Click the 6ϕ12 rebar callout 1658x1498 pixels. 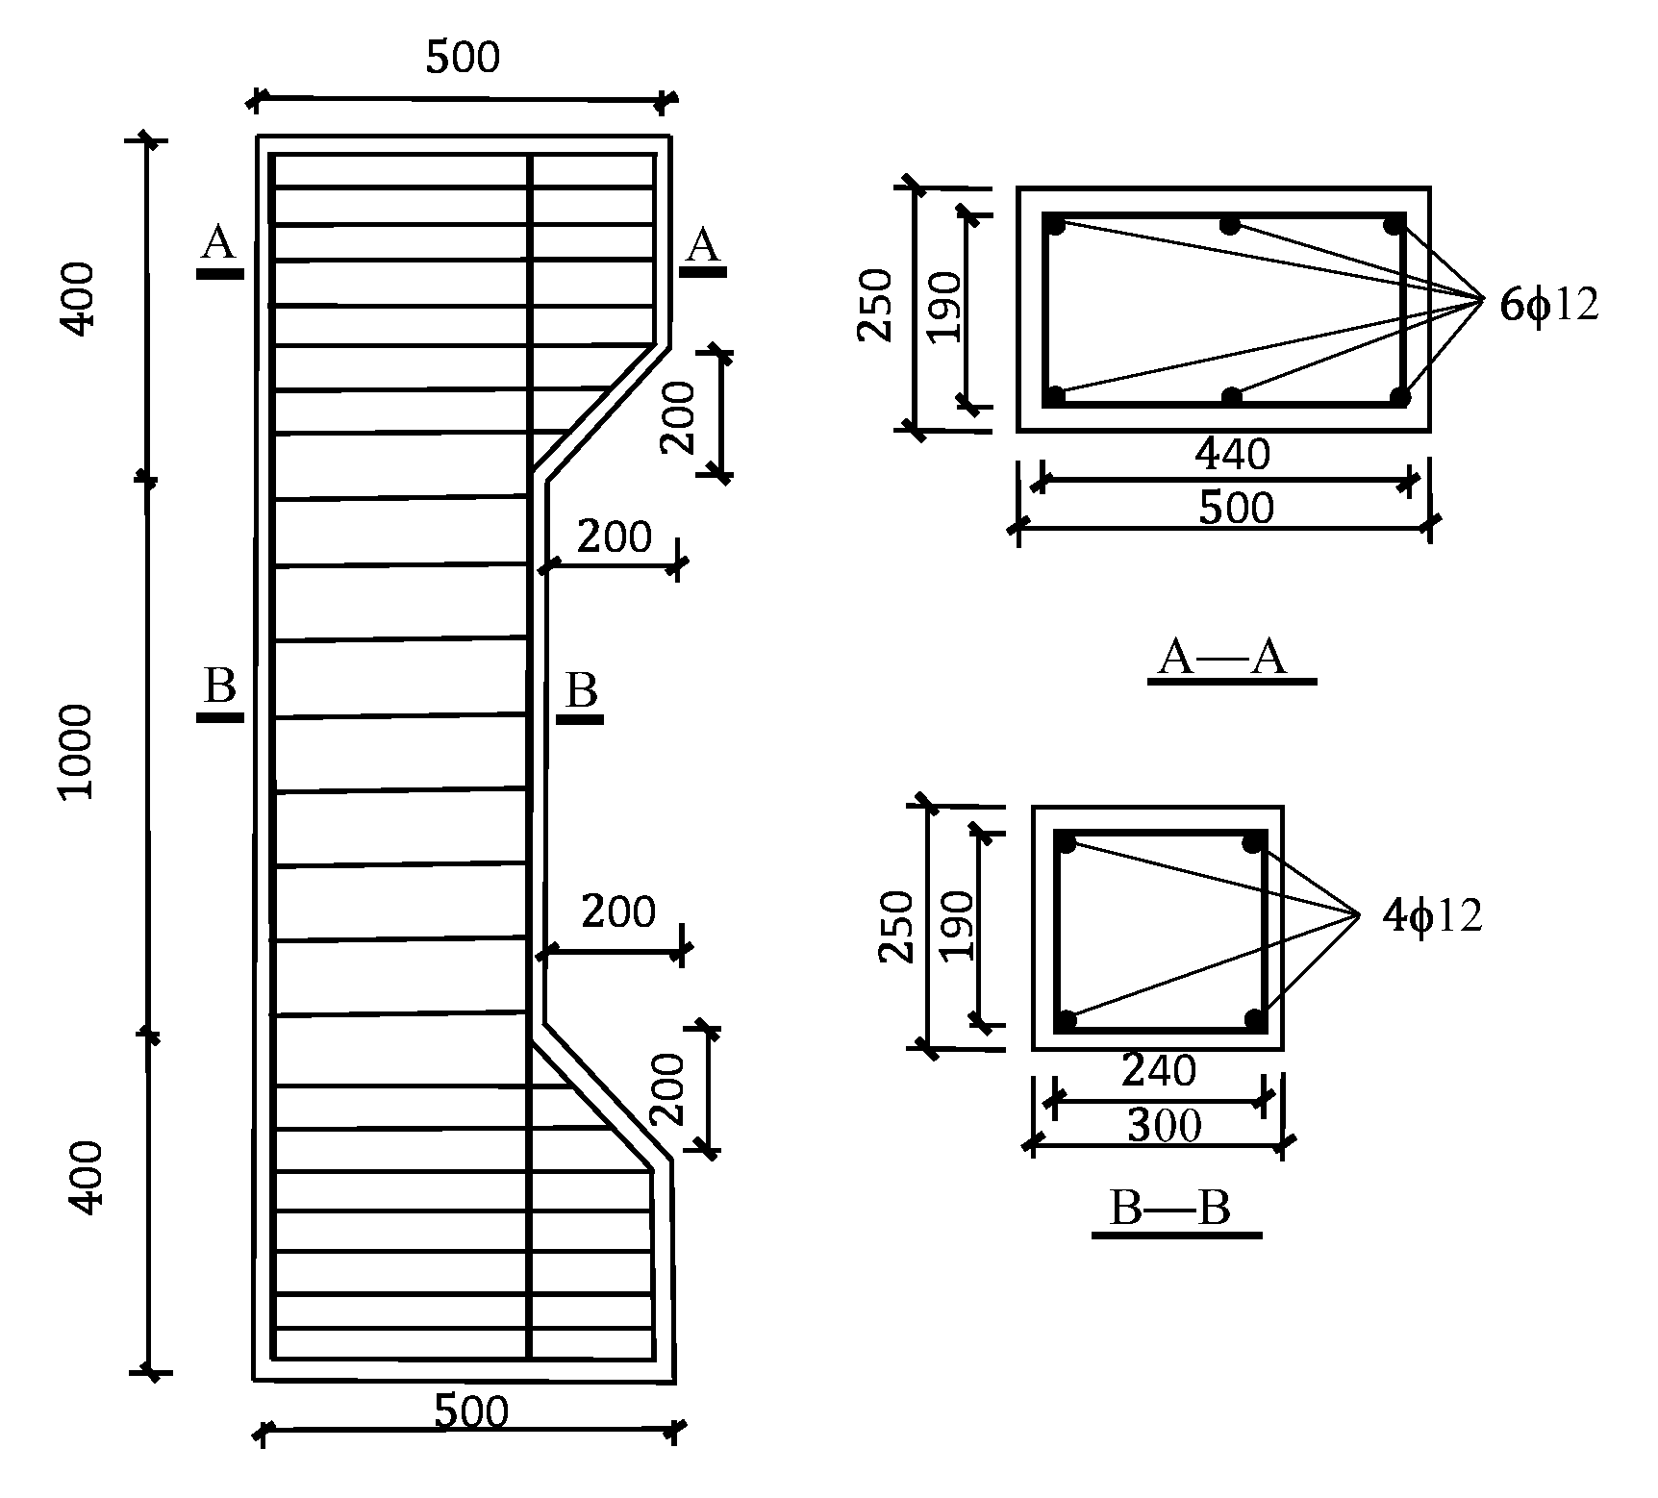(x=1548, y=306)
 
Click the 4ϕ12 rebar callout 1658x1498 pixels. (x=1432, y=916)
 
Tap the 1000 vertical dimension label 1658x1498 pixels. (x=75, y=751)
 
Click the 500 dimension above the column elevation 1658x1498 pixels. (x=464, y=59)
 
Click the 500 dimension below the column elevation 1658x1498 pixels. (x=471, y=1412)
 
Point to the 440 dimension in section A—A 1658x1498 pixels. (x=1232, y=454)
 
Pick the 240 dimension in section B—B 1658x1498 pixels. (x=1159, y=1070)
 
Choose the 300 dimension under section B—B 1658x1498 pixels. (x=1164, y=1125)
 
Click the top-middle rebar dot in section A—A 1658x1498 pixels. (x=1229, y=226)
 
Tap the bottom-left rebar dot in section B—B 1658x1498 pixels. (x=1066, y=1019)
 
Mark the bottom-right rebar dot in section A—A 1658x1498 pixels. (x=1399, y=395)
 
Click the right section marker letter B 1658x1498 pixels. (x=582, y=690)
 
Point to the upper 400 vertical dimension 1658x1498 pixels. (x=79, y=298)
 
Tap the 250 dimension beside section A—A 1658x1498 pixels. (x=875, y=306)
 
